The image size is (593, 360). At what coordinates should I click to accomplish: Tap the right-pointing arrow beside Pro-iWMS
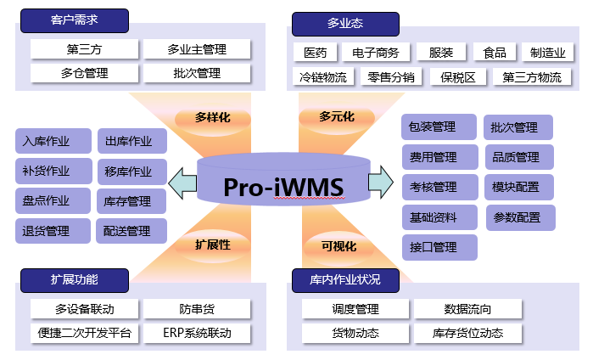click(380, 181)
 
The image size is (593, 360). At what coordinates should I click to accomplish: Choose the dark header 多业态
click(344, 24)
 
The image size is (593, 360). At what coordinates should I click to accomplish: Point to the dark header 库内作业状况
click(348, 280)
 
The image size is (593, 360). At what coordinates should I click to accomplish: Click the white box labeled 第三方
click(84, 49)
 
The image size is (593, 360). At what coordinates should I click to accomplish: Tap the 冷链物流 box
click(323, 77)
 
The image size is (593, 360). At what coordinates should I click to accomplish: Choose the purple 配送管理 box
click(126, 230)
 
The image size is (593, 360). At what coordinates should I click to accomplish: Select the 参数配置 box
click(517, 217)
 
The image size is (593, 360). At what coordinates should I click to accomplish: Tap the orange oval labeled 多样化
click(213, 117)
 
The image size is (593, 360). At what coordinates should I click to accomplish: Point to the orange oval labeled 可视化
click(338, 247)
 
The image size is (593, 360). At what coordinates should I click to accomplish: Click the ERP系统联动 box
click(197, 332)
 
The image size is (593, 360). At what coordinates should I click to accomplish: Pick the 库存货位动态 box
click(467, 333)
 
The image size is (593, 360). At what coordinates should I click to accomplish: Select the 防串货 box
click(197, 308)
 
